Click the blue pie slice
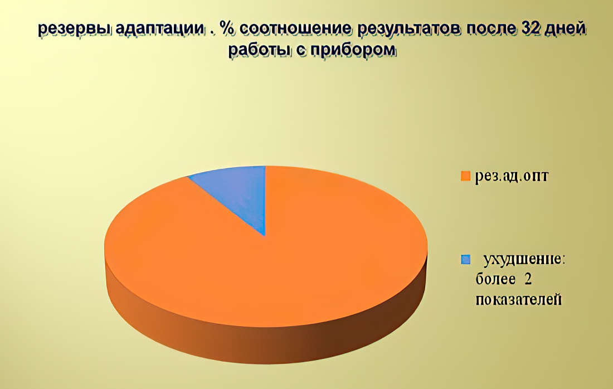click(239, 192)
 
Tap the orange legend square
click(465, 176)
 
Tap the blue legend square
click(465, 260)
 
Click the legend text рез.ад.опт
click(512, 176)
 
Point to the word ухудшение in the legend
click(524, 260)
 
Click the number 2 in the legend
click(528, 280)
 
